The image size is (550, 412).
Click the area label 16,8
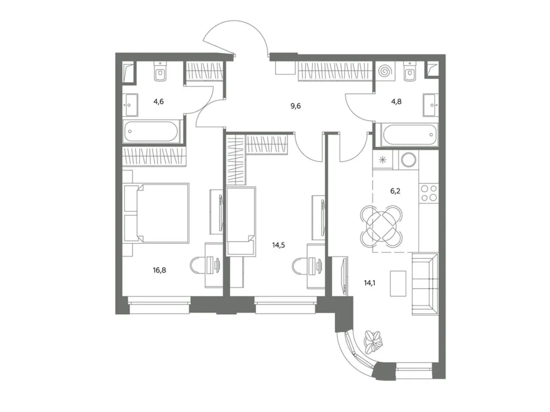[x=159, y=270]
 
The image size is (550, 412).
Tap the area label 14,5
[x=278, y=245]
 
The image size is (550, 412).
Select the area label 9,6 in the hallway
[x=296, y=106]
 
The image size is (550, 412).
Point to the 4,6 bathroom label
[x=159, y=102]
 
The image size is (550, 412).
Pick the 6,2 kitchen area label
[x=395, y=191]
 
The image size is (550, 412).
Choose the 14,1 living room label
[x=370, y=283]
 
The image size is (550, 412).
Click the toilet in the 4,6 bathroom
[x=160, y=72]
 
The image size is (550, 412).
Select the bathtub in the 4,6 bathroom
[x=151, y=132]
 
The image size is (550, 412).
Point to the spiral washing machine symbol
[x=385, y=71]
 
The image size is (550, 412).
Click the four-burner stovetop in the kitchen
[x=429, y=192]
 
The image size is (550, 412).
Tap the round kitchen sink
[x=408, y=160]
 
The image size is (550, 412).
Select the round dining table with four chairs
[x=382, y=226]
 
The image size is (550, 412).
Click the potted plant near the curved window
[x=373, y=341]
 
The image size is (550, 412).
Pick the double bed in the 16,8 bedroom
[x=156, y=212]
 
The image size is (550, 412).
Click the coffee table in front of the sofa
[x=398, y=283]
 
